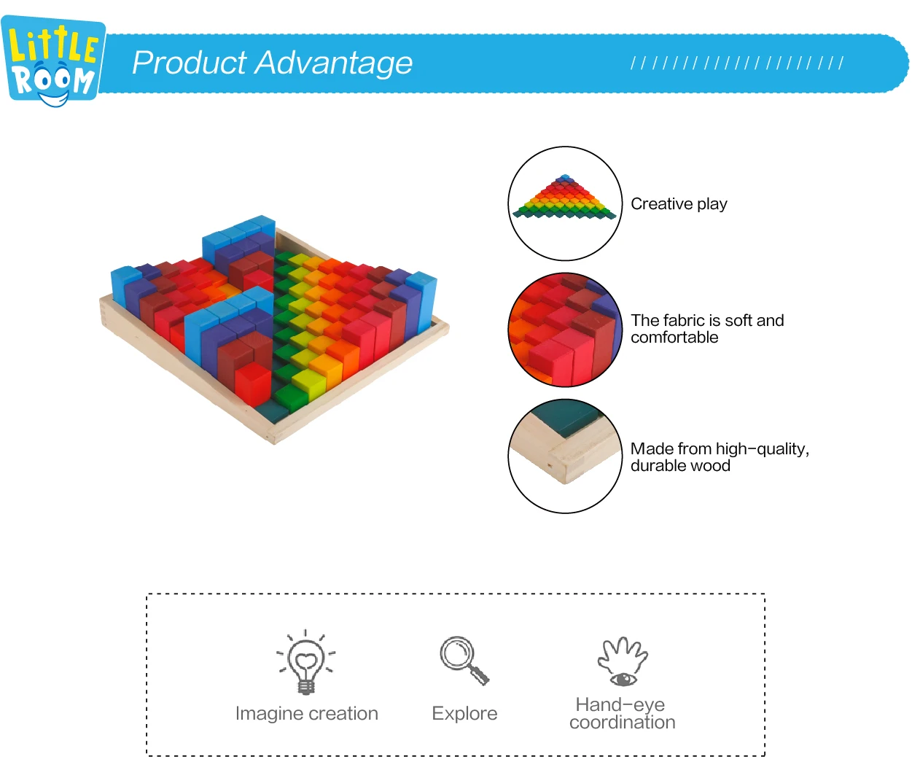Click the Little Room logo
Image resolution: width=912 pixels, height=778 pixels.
(x=53, y=61)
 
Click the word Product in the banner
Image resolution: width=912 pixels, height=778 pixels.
(x=190, y=63)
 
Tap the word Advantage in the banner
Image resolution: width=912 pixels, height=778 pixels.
(x=334, y=63)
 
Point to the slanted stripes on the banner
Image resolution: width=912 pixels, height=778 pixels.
(x=737, y=63)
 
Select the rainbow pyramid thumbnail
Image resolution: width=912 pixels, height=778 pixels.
(x=565, y=203)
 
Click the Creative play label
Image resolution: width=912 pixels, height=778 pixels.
(x=679, y=204)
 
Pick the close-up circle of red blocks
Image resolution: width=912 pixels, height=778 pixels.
(x=565, y=330)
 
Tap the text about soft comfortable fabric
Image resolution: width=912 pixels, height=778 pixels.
(x=707, y=329)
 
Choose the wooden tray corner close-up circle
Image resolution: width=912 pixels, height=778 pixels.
(x=565, y=456)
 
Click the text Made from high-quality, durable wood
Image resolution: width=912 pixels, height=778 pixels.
(x=720, y=457)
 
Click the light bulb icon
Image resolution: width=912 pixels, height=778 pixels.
(x=305, y=662)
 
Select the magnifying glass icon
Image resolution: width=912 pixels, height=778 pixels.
(x=464, y=661)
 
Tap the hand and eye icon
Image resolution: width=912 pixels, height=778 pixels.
(x=623, y=661)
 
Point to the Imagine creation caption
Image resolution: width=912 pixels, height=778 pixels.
(x=307, y=714)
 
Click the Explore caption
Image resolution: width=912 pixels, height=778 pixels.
(x=464, y=714)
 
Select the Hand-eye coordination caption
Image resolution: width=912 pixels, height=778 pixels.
(x=622, y=714)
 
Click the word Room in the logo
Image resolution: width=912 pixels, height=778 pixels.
(x=53, y=80)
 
